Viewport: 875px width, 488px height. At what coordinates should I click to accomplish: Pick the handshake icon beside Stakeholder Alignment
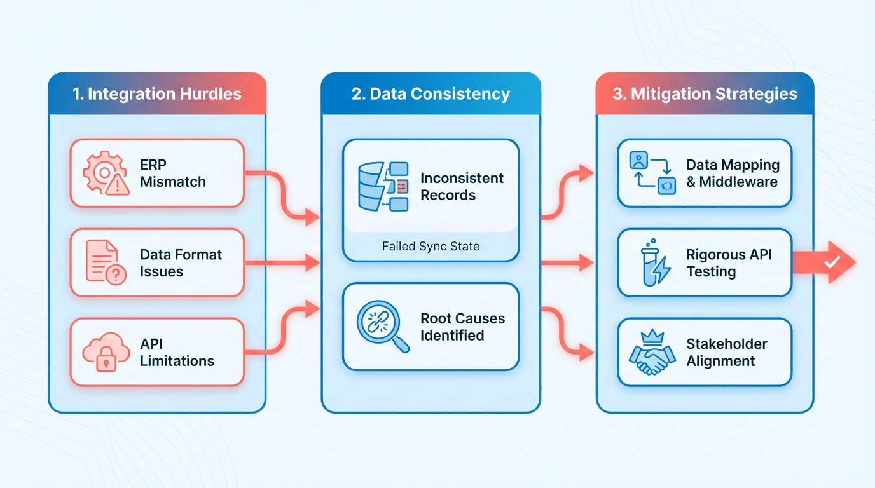click(651, 353)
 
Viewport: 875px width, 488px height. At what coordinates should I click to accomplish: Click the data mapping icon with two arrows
click(651, 173)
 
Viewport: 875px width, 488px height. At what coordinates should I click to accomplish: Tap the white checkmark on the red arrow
click(831, 262)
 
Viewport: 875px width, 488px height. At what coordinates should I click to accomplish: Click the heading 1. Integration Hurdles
click(156, 94)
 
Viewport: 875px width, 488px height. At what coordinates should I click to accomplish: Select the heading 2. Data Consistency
click(431, 94)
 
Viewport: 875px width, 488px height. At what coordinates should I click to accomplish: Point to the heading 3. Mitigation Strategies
click(705, 94)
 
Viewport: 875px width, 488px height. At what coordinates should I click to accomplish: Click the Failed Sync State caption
click(431, 246)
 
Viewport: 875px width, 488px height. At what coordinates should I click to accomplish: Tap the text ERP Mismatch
click(173, 173)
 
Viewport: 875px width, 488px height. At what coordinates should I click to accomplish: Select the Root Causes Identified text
click(462, 327)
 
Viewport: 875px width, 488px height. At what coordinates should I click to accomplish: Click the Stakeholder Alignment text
click(727, 353)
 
